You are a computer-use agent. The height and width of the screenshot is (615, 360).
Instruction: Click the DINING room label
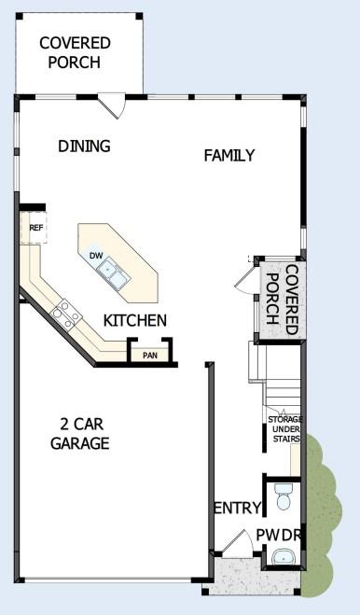[84, 146]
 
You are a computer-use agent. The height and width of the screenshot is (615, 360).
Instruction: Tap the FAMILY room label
[228, 156]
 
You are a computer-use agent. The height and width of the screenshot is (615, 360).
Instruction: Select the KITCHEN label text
[135, 321]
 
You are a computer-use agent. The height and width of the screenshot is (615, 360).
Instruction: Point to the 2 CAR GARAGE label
[79, 433]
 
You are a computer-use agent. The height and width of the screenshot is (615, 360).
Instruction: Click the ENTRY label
[237, 508]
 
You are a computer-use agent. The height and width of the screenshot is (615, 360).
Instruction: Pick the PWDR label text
[280, 535]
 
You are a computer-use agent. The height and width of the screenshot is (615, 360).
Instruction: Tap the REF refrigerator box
[36, 227]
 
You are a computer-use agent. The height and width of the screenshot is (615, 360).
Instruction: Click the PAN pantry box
[148, 355]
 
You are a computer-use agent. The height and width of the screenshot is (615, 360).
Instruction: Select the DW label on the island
[96, 255]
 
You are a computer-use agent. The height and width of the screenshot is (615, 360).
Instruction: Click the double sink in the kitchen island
[114, 272]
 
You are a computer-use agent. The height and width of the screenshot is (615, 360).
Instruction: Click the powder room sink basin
[283, 559]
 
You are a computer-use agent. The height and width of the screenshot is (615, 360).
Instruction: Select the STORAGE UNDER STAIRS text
[284, 432]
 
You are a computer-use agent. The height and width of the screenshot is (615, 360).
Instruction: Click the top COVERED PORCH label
[75, 52]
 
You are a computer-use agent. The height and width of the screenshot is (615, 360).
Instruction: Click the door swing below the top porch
[114, 105]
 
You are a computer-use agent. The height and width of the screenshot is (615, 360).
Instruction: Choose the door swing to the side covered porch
[242, 277]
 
